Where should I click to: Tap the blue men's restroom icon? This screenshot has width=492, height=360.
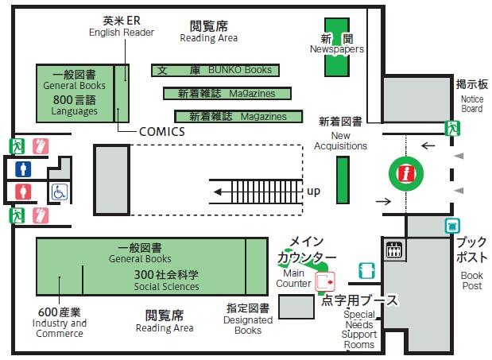click(23, 168)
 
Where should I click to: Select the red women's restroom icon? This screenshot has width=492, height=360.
click(23, 192)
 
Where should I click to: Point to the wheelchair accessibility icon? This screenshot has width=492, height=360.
click(60, 192)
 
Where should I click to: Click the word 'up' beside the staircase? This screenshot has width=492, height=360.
click(313, 192)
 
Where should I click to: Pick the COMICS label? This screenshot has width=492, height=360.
click(161, 132)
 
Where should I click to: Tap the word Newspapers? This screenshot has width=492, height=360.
click(337, 49)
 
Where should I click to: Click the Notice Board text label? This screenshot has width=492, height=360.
click(471, 104)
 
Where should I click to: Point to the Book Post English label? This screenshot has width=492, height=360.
click(471, 281)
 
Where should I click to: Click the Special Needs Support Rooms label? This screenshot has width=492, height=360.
click(359, 329)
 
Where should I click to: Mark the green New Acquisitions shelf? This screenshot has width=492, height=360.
click(343, 180)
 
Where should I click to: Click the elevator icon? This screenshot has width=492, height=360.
click(393, 250)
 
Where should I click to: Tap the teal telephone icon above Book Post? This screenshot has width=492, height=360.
click(452, 225)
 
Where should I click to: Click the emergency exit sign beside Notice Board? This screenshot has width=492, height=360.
click(452, 127)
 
